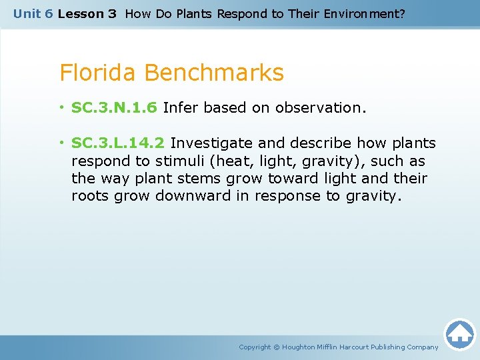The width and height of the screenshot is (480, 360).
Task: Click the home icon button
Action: click(x=459, y=334)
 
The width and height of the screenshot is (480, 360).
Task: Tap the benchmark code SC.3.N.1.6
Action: click(x=114, y=107)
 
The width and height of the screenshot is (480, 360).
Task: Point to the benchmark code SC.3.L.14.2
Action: click(x=119, y=143)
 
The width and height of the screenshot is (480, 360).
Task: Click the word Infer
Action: click(x=181, y=107)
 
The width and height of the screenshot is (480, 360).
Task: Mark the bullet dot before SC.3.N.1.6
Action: click(x=62, y=108)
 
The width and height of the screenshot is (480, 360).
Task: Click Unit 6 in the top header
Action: click(x=33, y=13)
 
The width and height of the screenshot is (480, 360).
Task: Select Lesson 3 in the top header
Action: click(x=87, y=13)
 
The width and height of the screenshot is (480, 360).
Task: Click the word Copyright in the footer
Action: click(x=255, y=347)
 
